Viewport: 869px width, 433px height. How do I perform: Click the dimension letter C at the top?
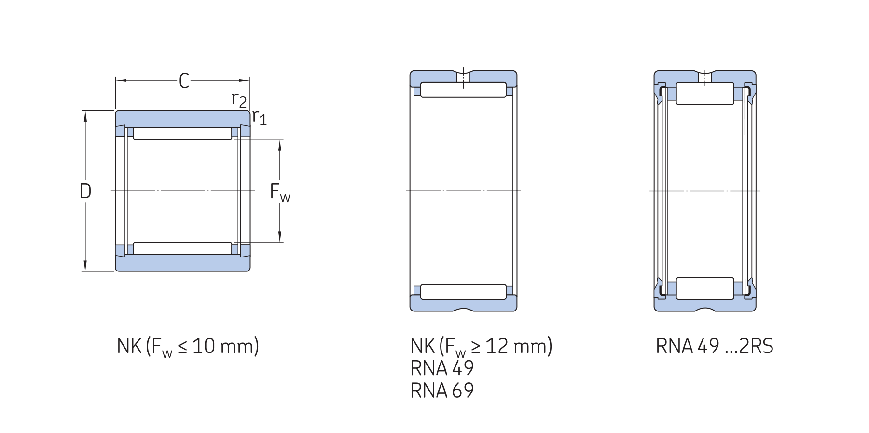point(184,81)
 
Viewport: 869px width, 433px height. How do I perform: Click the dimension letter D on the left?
point(85,191)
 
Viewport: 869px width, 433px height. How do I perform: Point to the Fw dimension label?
point(280,192)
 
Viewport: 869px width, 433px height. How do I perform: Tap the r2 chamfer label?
point(239,100)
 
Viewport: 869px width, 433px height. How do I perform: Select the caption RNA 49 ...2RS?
point(715,346)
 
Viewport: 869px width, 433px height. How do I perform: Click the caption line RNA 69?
point(442,391)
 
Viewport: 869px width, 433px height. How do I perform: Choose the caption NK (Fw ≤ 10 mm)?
point(188,347)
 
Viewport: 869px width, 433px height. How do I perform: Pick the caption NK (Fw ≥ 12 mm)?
point(482,347)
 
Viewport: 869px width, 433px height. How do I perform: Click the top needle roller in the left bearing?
point(182,134)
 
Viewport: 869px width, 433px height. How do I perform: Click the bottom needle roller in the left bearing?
point(182,248)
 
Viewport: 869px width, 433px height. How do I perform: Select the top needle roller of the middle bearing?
point(463,90)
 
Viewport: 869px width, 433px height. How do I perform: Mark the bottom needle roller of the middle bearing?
point(463,292)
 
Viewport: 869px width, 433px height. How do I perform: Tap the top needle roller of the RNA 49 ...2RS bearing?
point(705,94)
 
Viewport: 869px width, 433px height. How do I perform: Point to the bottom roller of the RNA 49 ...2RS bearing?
point(705,288)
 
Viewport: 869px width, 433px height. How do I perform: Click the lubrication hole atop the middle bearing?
point(463,77)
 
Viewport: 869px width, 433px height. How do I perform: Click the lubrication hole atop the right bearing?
point(705,77)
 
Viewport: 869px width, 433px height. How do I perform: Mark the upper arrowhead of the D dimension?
point(85,116)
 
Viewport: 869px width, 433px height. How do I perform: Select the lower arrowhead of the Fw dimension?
point(280,237)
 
